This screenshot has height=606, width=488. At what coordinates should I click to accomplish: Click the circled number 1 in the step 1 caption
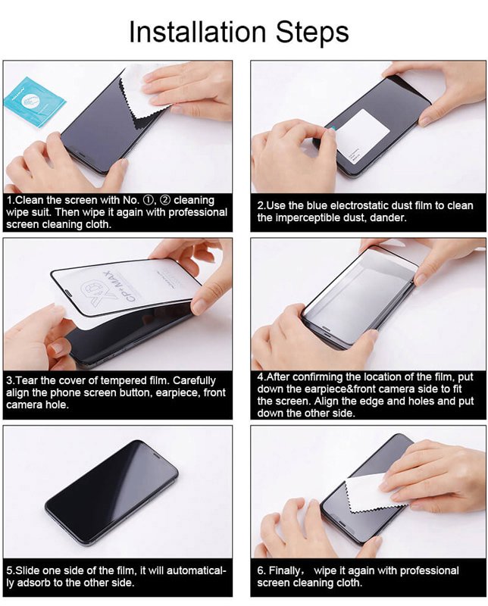tap(149, 200)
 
